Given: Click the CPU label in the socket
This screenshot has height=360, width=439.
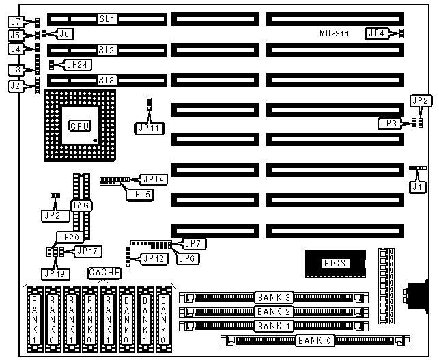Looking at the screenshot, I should tap(79, 126).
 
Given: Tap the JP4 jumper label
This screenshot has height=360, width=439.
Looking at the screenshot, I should tap(376, 33).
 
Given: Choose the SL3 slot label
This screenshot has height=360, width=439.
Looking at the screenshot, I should tap(107, 81).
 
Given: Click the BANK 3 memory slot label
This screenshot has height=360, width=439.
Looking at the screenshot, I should tap(274, 298).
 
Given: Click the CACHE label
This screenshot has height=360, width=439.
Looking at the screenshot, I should tap(104, 273).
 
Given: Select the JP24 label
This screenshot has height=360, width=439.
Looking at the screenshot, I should tap(76, 66).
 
